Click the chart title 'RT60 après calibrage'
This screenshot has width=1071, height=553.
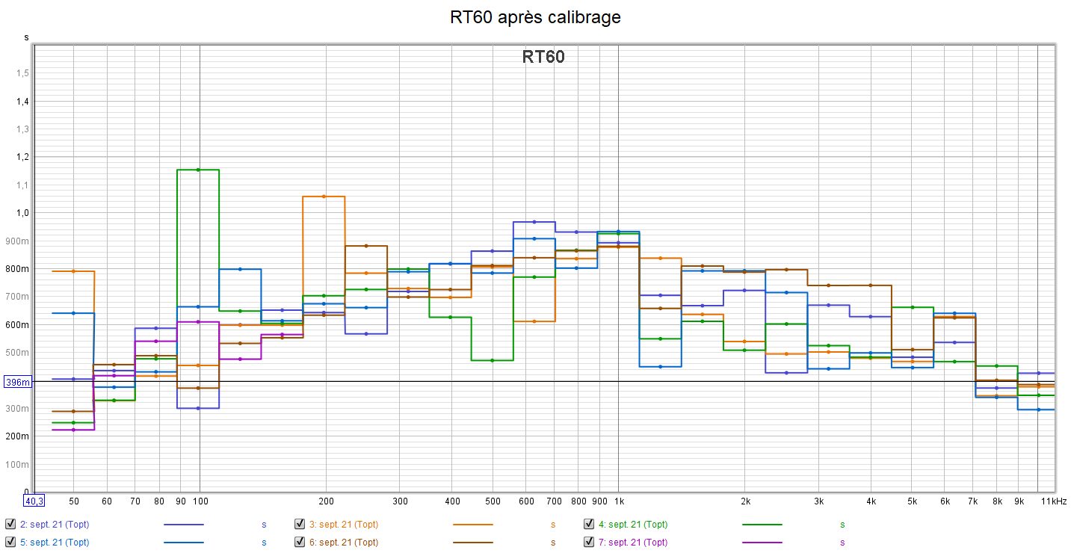[x=535, y=17]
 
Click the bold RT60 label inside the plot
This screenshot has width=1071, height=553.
[x=543, y=57]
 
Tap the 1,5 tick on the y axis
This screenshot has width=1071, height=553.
[x=22, y=73]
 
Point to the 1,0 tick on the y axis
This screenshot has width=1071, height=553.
[x=22, y=213]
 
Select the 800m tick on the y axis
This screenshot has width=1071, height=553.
[x=19, y=269]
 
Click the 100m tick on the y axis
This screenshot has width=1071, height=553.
[x=19, y=465]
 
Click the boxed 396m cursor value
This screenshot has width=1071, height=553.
[x=18, y=382]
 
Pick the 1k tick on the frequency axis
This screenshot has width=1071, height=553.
[x=618, y=501]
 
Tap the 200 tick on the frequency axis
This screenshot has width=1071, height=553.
[x=326, y=501]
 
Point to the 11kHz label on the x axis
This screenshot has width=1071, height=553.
[x=1053, y=501]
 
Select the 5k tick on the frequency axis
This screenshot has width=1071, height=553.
[x=913, y=501]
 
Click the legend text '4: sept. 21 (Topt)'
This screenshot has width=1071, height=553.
[x=633, y=525]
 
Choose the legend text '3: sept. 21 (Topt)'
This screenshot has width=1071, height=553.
[x=344, y=525]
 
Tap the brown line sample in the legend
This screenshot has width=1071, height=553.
[x=473, y=543]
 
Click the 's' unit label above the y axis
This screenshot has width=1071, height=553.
[x=26, y=37]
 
